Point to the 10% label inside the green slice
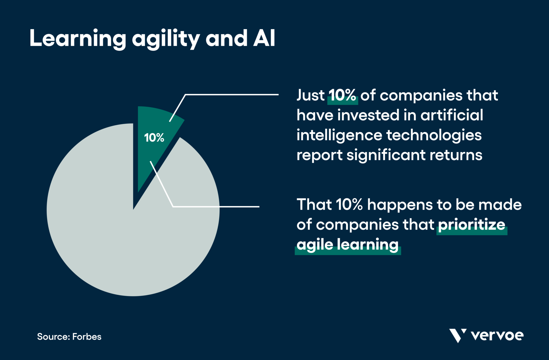point(154,138)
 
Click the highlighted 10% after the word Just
point(343,95)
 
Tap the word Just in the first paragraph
point(310,95)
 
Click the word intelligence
point(339,135)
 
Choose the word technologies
point(434,135)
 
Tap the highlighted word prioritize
point(472,225)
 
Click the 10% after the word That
point(349,205)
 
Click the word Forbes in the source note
point(87,337)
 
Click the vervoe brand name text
point(497,336)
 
